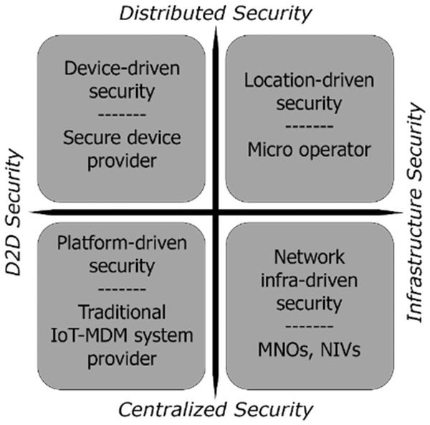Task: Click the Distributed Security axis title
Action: click(215, 12)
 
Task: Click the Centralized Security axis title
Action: click(215, 410)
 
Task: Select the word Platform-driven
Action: click(121, 243)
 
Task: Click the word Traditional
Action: click(121, 313)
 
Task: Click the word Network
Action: click(310, 256)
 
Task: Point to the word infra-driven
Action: click(310, 280)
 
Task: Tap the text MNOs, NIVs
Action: click(310, 351)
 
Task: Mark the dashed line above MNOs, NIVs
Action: click(310, 327)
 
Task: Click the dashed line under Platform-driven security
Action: click(121, 290)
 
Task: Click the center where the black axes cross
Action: click(215, 211)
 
